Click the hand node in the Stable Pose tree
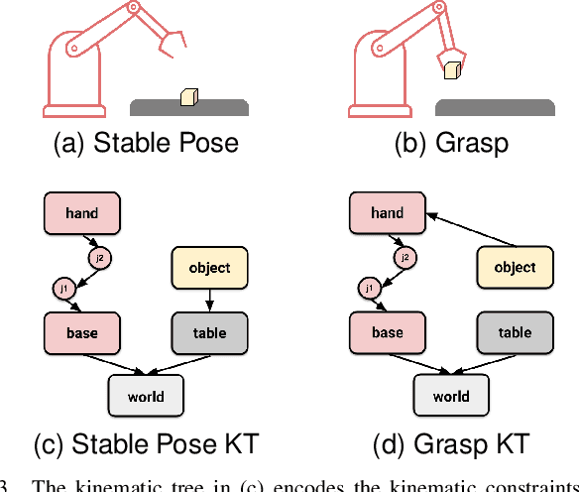click(x=82, y=212)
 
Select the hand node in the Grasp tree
click(x=388, y=212)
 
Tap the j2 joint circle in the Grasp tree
click(x=404, y=258)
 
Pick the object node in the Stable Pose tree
click(x=209, y=267)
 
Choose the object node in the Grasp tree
click(x=515, y=267)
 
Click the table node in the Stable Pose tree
click(x=209, y=332)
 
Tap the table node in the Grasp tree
click(x=515, y=332)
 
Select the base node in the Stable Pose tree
click(x=82, y=332)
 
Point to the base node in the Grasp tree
click(x=388, y=332)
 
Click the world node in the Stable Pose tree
click(x=146, y=396)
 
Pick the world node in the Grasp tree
click(x=451, y=396)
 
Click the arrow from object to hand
click(x=469, y=229)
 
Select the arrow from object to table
click(x=209, y=300)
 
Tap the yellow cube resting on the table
click(x=189, y=96)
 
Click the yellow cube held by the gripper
click(x=452, y=70)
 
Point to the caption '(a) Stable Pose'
click(x=146, y=142)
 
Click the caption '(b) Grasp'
click(x=451, y=142)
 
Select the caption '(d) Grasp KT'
click(x=451, y=443)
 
